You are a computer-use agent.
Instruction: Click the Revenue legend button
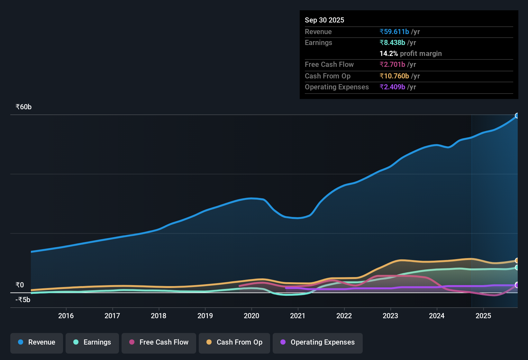coord(37,343)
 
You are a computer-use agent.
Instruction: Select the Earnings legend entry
coord(92,343)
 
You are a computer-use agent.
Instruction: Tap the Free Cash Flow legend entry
coord(159,343)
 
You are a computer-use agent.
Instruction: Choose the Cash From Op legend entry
coord(234,343)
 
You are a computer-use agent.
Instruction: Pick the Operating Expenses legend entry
coord(318,343)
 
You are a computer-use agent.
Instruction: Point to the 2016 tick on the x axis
coord(66,316)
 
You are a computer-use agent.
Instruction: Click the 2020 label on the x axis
coord(251,316)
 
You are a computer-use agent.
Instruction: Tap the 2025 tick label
coord(483,316)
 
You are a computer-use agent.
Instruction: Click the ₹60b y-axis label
coord(24,107)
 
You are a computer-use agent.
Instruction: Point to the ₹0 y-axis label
coord(20,285)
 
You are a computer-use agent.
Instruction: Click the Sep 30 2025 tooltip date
coord(324,20)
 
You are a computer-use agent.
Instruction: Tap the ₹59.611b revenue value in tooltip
coord(394,32)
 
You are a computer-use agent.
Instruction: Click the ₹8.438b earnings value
coord(392,42)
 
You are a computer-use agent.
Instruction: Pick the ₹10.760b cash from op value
coord(394,76)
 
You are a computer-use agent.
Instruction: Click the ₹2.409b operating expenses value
coord(392,87)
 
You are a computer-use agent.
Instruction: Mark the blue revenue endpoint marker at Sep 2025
coord(517,116)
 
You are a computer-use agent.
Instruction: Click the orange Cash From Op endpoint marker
coord(517,260)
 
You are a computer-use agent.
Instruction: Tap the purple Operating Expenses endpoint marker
coord(517,285)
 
